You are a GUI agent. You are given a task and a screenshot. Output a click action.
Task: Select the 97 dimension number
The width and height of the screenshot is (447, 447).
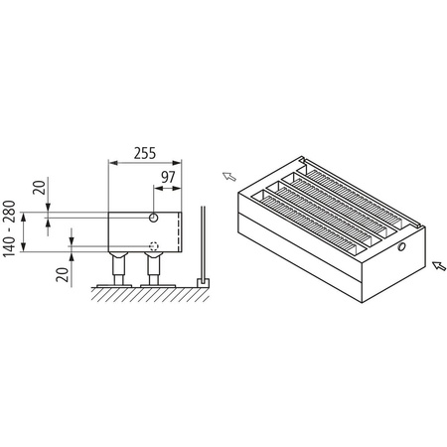(x=167, y=178)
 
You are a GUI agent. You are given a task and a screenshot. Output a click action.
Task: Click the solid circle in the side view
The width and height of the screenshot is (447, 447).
(x=155, y=217)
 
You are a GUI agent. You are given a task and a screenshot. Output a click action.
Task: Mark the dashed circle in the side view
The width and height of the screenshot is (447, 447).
(x=155, y=247)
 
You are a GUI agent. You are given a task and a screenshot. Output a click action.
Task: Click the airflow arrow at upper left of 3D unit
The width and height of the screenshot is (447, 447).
(x=227, y=177)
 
